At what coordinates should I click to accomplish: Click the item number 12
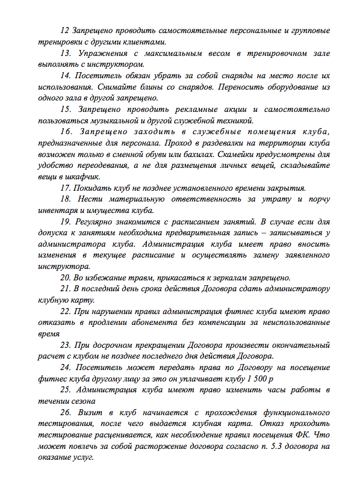click(65, 31)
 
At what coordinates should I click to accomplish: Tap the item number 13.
click(66, 54)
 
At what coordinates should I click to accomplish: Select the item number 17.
click(66, 187)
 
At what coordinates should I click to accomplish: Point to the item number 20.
click(66, 277)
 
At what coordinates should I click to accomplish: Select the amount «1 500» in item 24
click(256, 379)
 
